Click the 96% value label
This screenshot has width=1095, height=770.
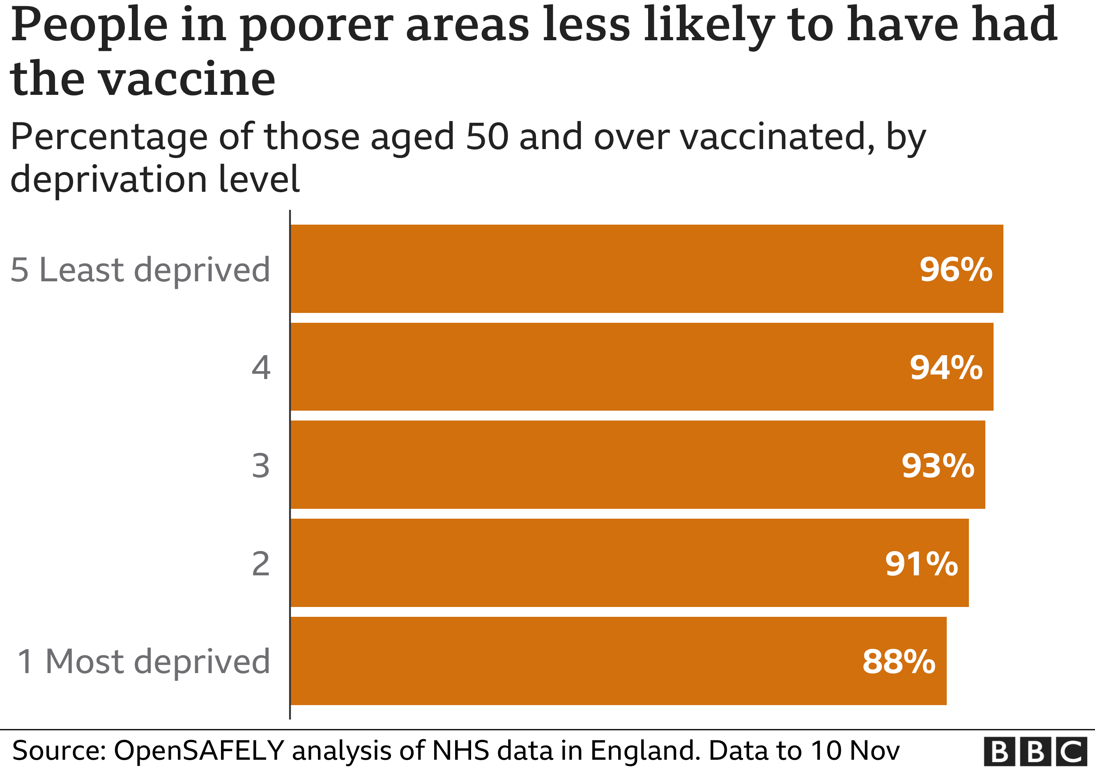[x=956, y=270]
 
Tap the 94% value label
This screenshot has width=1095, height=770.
[x=946, y=368]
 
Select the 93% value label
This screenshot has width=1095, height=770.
[x=938, y=466]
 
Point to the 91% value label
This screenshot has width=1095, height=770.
[x=921, y=564]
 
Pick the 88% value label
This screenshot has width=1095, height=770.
[x=899, y=662]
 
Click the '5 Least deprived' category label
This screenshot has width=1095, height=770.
[x=140, y=270]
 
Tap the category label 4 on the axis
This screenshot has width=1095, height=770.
[x=261, y=368]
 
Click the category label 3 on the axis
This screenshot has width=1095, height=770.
[x=261, y=466]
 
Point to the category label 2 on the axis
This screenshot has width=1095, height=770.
[x=261, y=564]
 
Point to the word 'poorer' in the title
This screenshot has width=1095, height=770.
[x=317, y=26]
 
